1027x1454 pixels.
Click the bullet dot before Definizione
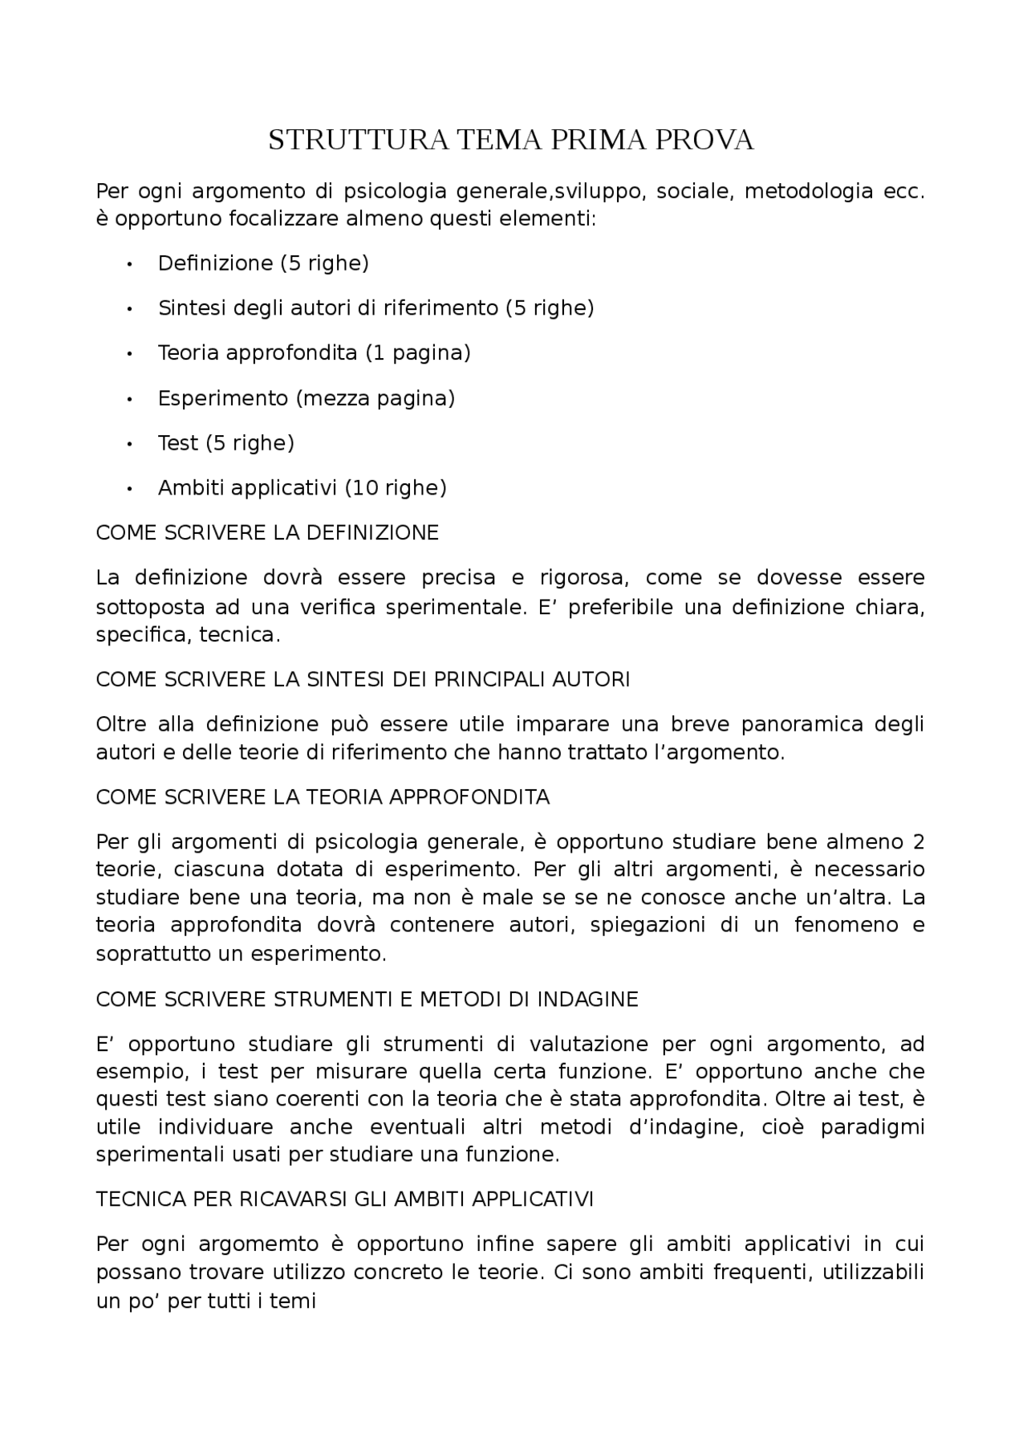coord(129,263)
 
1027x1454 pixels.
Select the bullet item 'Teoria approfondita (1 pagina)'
coord(314,352)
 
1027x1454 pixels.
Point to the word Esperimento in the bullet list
coord(222,398)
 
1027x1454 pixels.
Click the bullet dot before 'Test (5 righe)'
coord(129,443)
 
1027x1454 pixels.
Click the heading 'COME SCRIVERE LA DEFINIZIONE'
coord(267,533)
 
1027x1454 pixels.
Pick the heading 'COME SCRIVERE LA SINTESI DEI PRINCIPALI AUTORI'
coord(363,679)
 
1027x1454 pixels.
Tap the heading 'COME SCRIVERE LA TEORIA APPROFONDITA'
coord(323,797)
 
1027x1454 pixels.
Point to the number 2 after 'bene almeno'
coord(919,842)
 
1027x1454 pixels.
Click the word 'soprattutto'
coord(146,954)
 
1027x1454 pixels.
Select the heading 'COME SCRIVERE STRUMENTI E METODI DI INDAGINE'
coord(367,1000)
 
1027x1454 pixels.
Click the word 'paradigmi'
coord(872,1127)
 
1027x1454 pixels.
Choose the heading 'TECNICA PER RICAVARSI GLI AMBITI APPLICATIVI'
coord(344,1199)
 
